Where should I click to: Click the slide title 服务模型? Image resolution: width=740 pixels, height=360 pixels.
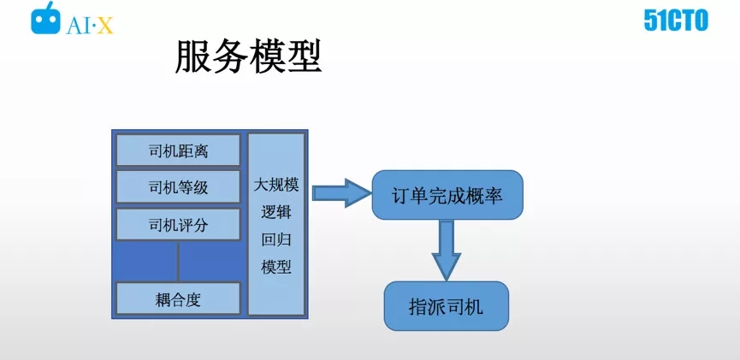(248, 57)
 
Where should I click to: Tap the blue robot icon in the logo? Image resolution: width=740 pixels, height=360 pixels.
(46, 19)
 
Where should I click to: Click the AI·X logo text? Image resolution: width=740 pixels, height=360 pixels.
(90, 26)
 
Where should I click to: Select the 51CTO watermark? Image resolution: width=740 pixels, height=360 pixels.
(676, 21)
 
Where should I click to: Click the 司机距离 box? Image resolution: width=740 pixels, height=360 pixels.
(179, 150)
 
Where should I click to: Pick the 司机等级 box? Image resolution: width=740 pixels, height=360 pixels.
(179, 187)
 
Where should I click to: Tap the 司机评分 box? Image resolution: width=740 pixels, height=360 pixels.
(179, 225)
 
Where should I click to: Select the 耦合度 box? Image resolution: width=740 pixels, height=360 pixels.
(179, 298)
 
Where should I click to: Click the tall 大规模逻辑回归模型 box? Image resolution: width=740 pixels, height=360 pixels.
(276, 224)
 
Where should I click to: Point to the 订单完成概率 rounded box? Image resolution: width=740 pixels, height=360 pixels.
(447, 195)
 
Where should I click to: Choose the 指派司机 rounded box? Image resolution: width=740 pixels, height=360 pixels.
(446, 306)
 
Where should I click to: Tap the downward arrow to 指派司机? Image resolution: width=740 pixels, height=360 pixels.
(447, 250)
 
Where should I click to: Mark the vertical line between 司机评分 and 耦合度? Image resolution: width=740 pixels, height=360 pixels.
(178, 261)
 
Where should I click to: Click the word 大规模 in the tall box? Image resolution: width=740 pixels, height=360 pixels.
(276, 186)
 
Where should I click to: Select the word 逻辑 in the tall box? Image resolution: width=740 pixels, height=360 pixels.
(276, 213)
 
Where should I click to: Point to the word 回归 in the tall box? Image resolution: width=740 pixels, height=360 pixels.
(276, 240)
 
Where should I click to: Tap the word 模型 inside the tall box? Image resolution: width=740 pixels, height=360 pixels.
(276, 268)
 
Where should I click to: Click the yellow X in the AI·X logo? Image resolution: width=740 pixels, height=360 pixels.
(105, 27)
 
